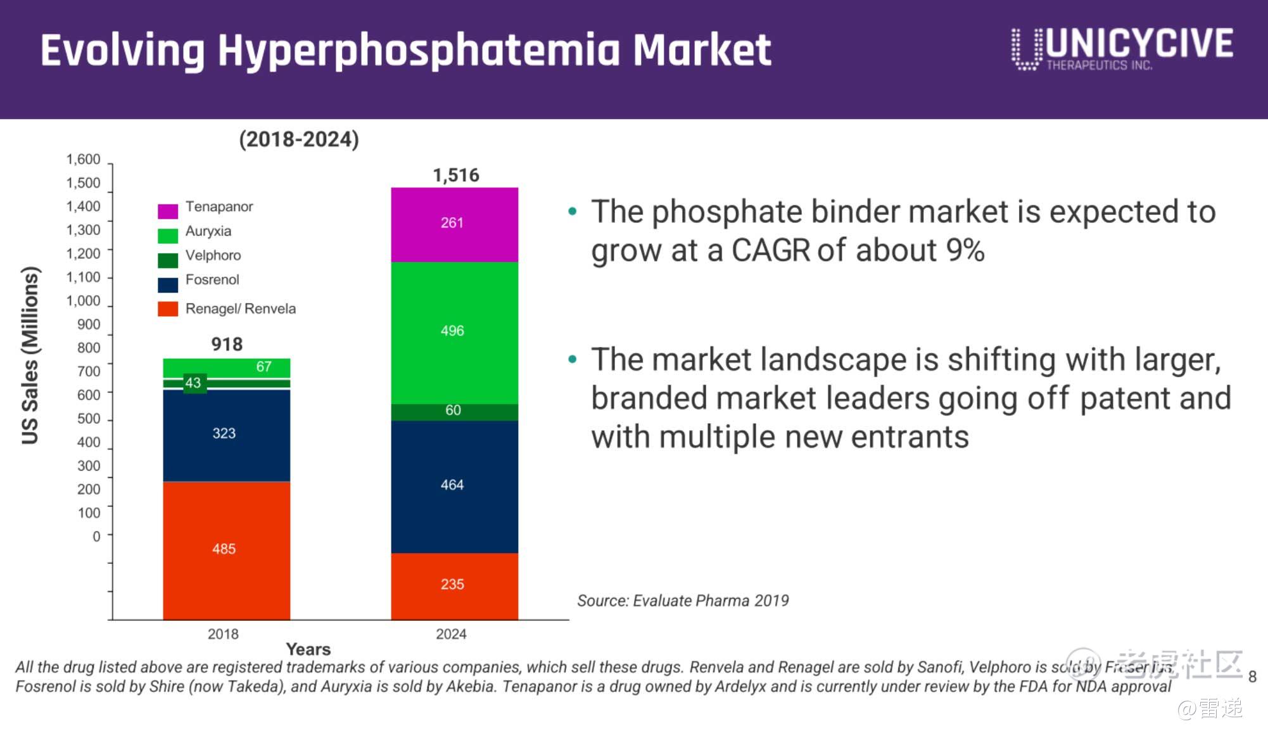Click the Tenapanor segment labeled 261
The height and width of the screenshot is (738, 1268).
[453, 224]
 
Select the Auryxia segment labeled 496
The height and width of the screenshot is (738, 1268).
[453, 332]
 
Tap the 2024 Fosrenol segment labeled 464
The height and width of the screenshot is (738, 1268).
[453, 486]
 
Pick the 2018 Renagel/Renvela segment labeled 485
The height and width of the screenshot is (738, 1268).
[225, 549]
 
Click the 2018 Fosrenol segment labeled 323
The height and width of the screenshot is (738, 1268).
[225, 435]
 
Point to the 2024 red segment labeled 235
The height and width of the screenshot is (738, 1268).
[453, 585]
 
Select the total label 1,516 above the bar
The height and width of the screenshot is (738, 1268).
[455, 175]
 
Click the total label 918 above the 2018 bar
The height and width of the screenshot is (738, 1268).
[227, 345]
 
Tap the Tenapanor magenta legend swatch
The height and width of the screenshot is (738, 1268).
[168, 210]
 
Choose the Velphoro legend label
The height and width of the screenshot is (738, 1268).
[213, 255]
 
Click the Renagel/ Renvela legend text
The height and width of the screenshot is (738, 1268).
[240, 309]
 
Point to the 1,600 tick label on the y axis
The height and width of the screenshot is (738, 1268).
[83, 160]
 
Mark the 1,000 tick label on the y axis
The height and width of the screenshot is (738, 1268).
[83, 301]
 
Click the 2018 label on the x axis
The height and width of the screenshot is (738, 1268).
[223, 634]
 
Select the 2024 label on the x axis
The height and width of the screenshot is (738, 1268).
[451, 634]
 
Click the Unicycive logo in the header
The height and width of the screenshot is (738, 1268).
[1122, 48]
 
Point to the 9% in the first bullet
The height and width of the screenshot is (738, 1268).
[965, 251]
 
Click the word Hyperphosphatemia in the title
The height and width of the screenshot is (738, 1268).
[418, 51]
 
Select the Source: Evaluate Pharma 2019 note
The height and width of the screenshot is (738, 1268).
[683, 601]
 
